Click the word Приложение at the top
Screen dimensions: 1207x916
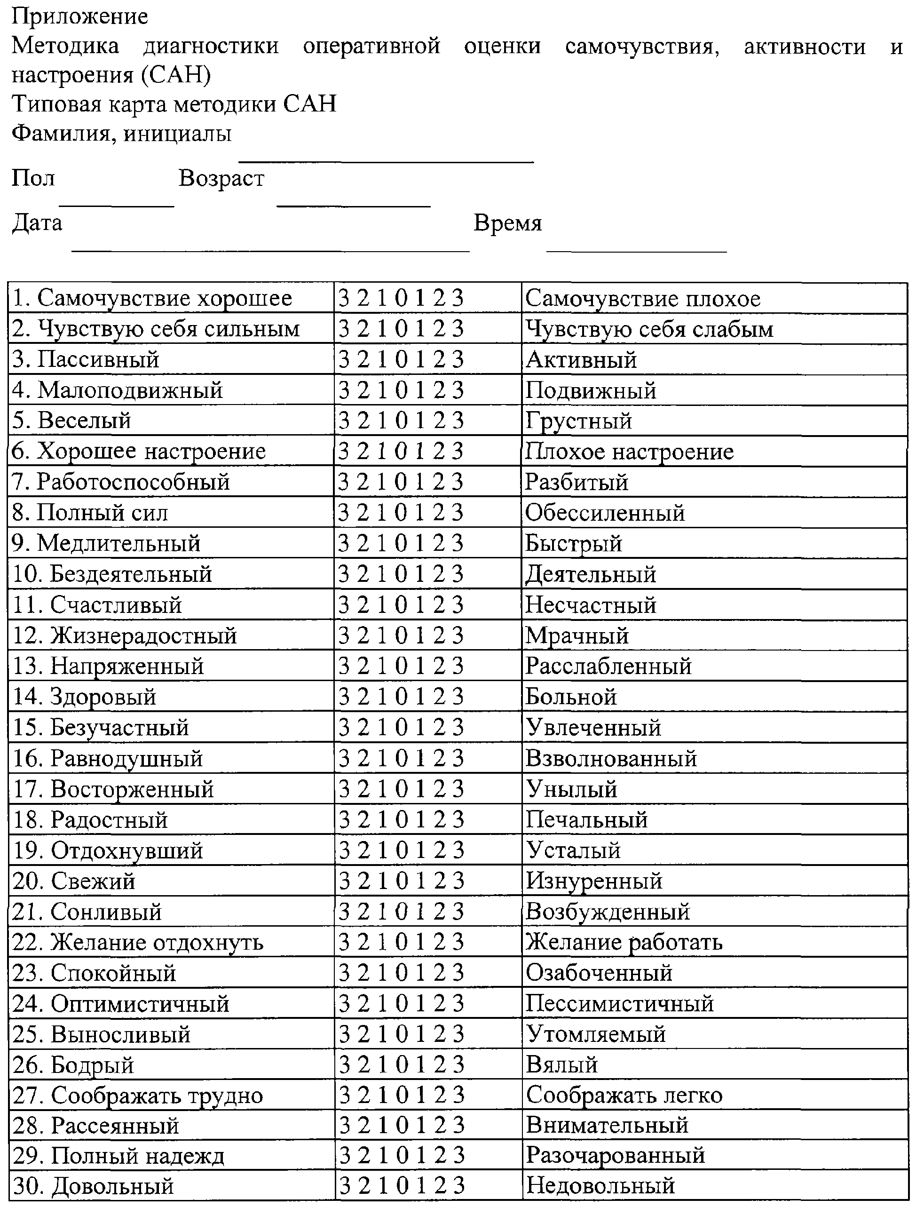click(x=79, y=16)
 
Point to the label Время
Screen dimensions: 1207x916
click(x=507, y=223)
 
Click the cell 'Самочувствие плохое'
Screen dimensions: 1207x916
click(x=643, y=299)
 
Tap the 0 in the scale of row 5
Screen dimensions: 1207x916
click(x=401, y=421)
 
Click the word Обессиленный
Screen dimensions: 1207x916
click(x=605, y=513)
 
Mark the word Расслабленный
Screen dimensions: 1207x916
click(x=608, y=666)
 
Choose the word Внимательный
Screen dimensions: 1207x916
click(x=607, y=1126)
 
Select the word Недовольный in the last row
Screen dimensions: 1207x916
click(x=600, y=1186)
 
